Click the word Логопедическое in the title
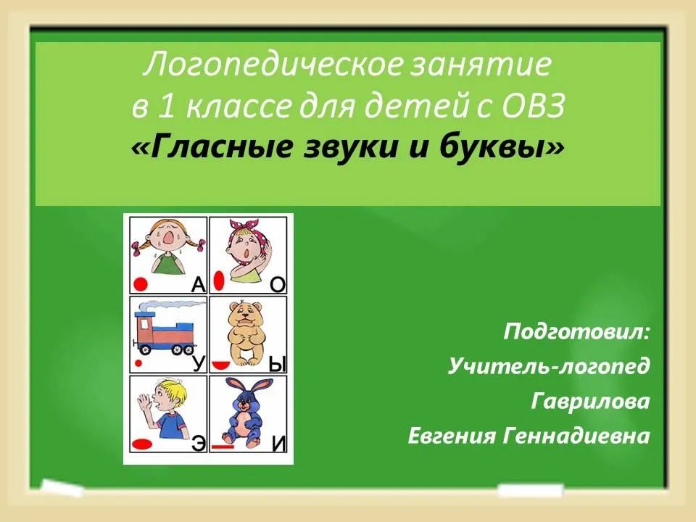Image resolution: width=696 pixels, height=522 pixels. [x=273, y=65]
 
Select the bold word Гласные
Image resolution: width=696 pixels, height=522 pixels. [x=225, y=147]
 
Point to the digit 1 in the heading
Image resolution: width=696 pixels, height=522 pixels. [x=166, y=107]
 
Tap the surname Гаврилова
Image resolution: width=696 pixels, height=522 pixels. [x=590, y=401]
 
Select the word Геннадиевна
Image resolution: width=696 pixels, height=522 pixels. [x=576, y=436]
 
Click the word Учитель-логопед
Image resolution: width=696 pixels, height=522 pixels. [x=549, y=367]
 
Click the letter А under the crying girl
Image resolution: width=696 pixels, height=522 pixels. [x=199, y=284]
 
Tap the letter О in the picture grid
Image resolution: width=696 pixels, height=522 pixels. [x=278, y=284]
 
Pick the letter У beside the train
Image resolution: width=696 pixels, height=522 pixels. [x=199, y=363]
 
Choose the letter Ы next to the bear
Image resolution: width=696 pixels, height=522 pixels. [x=277, y=365]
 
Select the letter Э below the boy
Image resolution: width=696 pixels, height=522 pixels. [x=199, y=444]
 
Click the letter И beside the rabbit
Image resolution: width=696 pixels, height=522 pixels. [x=278, y=444]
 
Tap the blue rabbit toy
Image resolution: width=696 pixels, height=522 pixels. [x=245, y=410]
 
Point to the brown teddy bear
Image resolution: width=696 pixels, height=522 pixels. [x=246, y=333]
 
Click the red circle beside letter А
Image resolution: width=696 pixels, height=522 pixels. [x=141, y=284]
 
